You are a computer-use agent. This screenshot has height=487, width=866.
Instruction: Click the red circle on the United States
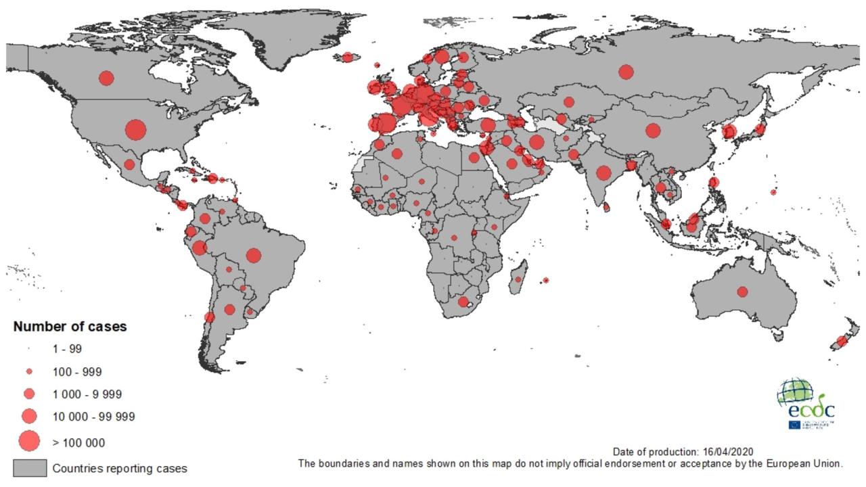click(x=135, y=129)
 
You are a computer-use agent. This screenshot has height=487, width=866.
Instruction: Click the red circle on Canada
click(x=106, y=78)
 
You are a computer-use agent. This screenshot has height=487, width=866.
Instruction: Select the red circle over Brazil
click(x=254, y=255)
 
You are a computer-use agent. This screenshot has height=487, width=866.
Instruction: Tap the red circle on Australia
click(x=742, y=292)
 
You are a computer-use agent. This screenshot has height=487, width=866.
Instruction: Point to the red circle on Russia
click(x=626, y=72)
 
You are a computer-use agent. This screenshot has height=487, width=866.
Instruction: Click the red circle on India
click(x=603, y=173)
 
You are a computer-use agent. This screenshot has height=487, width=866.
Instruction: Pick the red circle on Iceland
click(x=348, y=57)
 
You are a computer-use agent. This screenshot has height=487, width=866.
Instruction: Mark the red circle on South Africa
click(x=463, y=302)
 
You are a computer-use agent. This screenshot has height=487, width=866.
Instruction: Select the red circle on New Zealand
click(x=842, y=341)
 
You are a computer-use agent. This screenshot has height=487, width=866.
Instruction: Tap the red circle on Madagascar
click(x=518, y=279)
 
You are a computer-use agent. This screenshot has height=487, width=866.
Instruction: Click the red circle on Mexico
click(x=129, y=164)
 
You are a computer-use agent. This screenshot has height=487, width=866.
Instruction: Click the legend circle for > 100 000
click(x=29, y=442)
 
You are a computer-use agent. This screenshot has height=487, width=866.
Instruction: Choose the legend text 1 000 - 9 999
click(x=87, y=394)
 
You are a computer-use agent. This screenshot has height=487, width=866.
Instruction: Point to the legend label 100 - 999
click(x=77, y=372)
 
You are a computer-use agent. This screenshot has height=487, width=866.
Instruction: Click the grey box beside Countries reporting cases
click(x=30, y=468)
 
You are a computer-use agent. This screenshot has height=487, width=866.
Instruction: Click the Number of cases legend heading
click(x=70, y=327)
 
